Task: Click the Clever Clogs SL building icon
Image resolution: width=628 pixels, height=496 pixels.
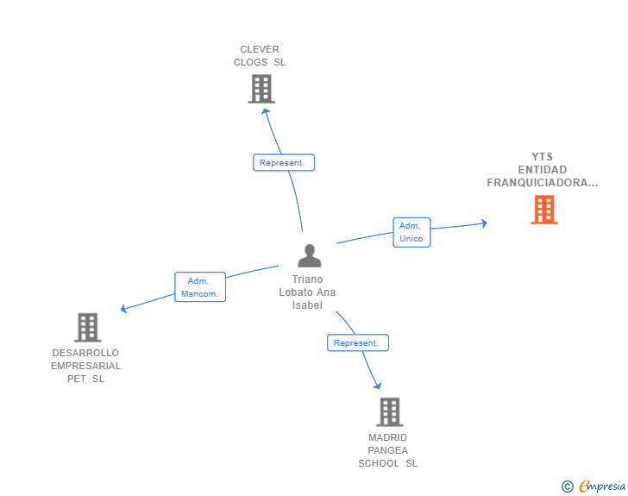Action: point(261,89)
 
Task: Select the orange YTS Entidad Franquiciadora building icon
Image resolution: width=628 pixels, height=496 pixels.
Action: point(543,210)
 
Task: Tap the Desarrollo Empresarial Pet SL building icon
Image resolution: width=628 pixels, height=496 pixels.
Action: point(87,328)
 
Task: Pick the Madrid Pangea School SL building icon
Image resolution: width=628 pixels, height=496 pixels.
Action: point(389,411)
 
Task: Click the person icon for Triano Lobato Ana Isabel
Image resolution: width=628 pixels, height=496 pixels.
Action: point(309,255)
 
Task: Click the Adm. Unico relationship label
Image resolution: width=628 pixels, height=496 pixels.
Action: point(411,232)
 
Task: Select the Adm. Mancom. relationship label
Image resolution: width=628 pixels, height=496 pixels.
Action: point(199,287)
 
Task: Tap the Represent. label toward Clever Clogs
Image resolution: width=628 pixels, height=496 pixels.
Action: point(284,162)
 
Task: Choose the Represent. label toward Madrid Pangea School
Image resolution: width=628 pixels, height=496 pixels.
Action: point(357,342)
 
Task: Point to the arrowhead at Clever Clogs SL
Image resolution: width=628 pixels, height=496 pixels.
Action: point(266,110)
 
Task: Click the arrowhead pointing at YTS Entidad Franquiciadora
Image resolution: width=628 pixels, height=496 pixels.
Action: point(484,223)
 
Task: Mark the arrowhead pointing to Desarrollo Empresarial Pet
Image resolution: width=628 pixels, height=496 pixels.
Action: point(124,308)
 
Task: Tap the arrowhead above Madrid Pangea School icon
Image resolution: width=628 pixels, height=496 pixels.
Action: point(377,385)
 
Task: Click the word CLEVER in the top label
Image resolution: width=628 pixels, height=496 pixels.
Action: point(260,49)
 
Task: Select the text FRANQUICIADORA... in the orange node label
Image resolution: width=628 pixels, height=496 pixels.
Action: point(542,183)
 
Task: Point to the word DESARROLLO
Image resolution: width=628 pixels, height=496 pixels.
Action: point(85,353)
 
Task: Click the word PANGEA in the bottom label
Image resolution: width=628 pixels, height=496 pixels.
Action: point(387,450)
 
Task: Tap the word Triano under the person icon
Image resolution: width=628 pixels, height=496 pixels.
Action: point(307,279)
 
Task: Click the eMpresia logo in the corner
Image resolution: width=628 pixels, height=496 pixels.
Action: point(602,487)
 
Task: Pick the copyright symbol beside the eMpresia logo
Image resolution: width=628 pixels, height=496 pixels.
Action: point(567,487)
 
